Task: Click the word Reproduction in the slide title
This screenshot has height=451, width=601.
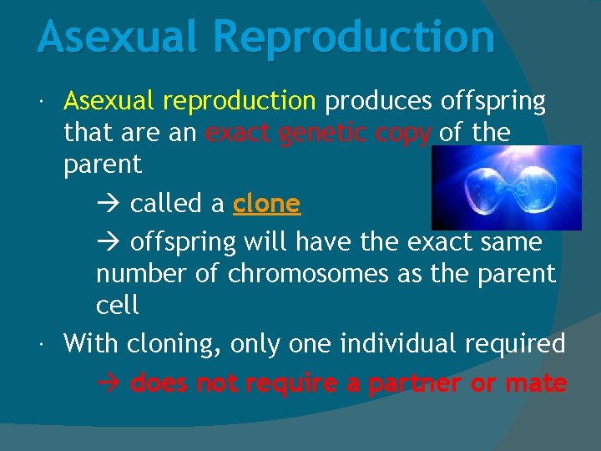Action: [355, 38]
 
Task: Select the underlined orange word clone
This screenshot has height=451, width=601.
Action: [266, 204]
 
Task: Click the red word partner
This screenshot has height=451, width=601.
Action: [415, 384]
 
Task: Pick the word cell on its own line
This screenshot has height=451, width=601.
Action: [118, 305]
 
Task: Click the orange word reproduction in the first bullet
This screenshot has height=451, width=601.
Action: [239, 101]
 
